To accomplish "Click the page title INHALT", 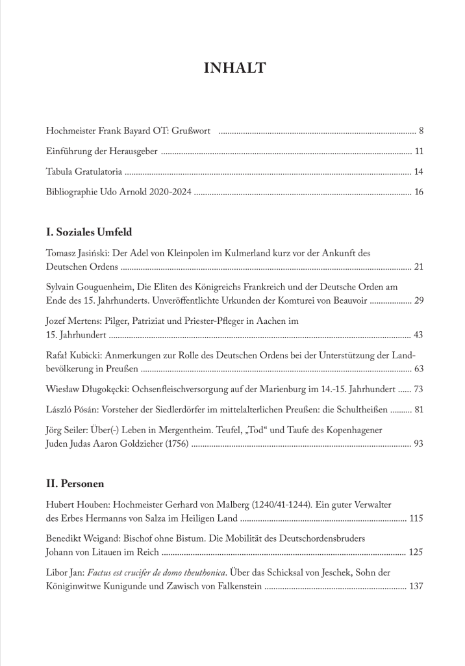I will [234, 68].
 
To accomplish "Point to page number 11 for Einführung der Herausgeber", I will [419, 152].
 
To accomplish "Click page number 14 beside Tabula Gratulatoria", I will [418, 172].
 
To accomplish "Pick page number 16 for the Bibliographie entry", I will [418, 193].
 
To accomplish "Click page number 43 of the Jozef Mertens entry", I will [418, 335].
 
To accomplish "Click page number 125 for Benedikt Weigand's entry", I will [416, 552].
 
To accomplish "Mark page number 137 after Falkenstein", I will [416, 586].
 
